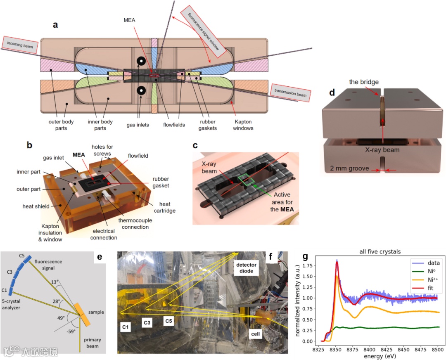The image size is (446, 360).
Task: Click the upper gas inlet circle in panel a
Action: [141, 61]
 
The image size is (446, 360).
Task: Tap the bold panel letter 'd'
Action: [332, 91]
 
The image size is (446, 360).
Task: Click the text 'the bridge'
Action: [363, 82]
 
